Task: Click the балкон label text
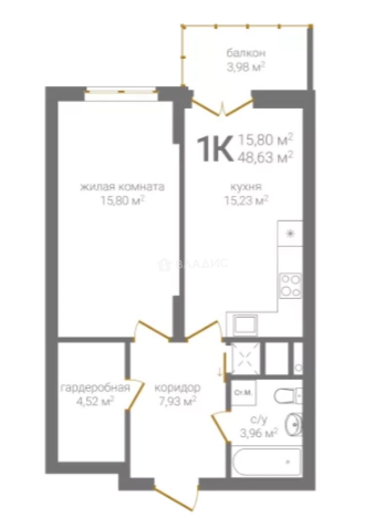(x=246, y=53)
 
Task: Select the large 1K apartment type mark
(x=215, y=148)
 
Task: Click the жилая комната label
(x=122, y=186)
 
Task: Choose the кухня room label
(x=246, y=186)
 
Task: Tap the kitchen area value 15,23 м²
(x=246, y=201)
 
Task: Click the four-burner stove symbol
(x=290, y=286)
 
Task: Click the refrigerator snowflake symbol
(x=290, y=234)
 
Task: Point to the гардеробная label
(x=96, y=388)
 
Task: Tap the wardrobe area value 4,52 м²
(x=96, y=401)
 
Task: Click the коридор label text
(x=177, y=388)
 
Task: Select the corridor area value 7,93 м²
(x=177, y=401)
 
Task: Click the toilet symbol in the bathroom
(x=289, y=396)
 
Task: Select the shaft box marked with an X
(x=246, y=358)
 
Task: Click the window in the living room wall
(x=120, y=92)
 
